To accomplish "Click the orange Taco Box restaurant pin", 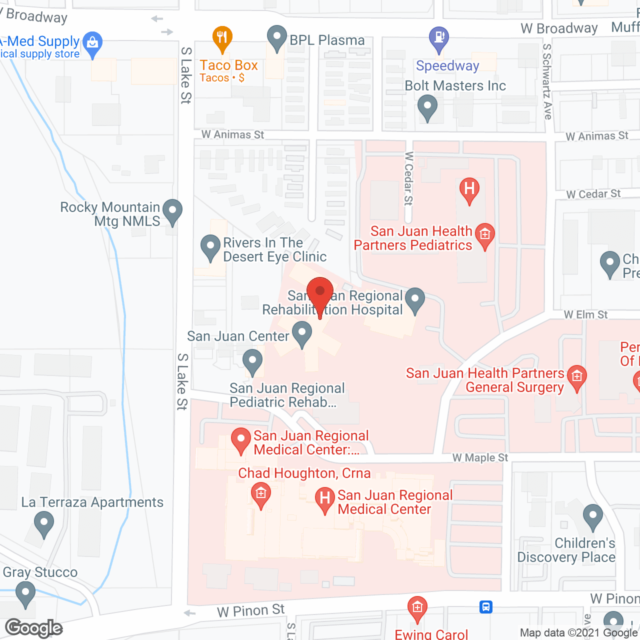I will (222, 38).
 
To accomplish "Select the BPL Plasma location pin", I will (276, 38).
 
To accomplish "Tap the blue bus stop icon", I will (485, 607).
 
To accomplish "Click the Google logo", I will (34, 628).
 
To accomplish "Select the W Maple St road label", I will (480, 457).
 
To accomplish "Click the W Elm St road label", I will (585, 314).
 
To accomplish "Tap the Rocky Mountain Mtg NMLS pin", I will (172, 211).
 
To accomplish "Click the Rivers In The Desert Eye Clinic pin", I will (210, 247).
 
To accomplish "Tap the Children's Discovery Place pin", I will (593, 516).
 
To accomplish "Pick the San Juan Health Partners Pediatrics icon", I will (484, 235).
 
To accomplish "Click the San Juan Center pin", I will (302, 333).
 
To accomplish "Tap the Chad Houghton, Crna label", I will (304, 473).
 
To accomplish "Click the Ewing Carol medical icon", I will (417, 608).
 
